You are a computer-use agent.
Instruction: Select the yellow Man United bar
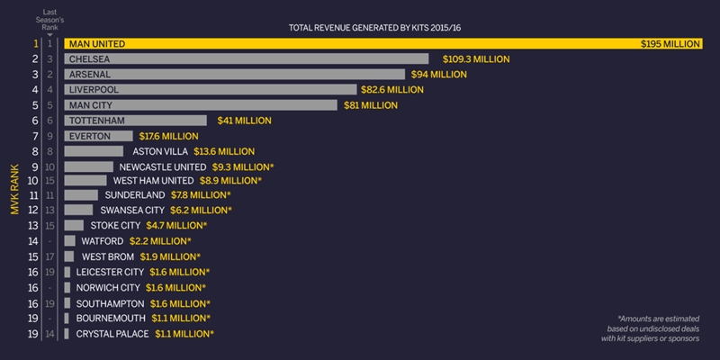342,43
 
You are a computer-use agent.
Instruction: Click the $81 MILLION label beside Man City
371,104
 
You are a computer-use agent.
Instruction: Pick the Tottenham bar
135,120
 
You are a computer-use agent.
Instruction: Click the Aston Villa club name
162,151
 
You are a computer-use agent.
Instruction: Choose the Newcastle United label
161,166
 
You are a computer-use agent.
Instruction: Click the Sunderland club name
135,194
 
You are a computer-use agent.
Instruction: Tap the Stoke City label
115,225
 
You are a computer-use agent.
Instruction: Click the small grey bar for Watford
69,241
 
